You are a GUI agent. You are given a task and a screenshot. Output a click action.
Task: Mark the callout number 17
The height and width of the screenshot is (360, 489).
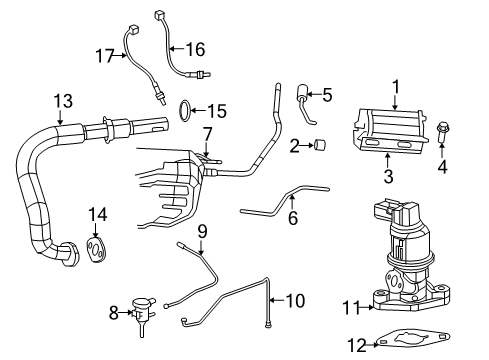[103, 57]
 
